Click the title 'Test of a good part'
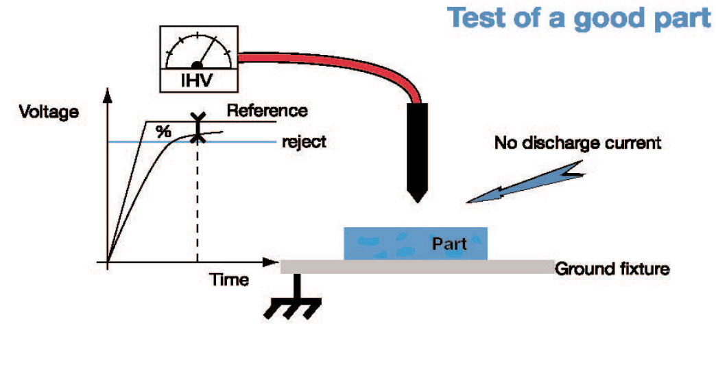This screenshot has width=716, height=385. [x=580, y=18]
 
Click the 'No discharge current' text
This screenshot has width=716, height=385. [x=577, y=143]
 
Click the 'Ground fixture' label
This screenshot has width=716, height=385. [x=612, y=268]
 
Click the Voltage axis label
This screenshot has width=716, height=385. [x=48, y=112]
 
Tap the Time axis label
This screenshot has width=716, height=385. [x=229, y=279]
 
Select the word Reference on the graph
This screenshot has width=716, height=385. [x=267, y=110]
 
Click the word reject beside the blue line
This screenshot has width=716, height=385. [x=304, y=142]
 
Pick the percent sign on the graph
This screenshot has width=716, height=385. [x=163, y=132]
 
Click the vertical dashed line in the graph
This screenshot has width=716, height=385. [x=198, y=206]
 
